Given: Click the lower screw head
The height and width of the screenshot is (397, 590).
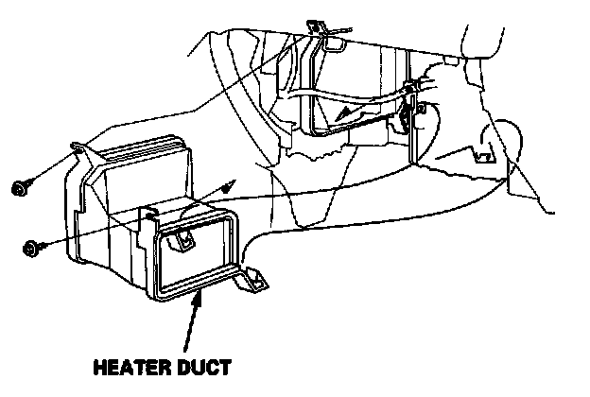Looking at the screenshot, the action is point(31,250).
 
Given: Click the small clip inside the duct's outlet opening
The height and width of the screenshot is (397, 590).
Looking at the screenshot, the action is point(179,243).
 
